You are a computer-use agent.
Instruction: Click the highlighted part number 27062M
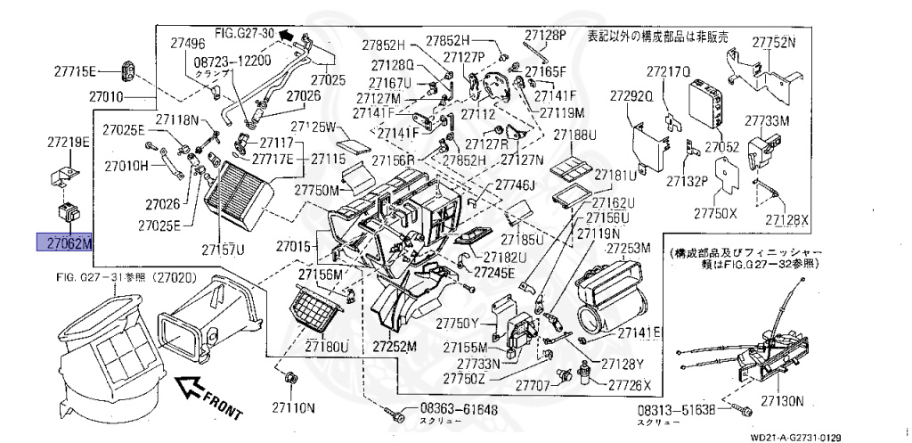(x=64, y=242)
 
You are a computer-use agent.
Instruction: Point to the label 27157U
(x=223, y=248)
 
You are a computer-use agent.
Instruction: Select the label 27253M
(x=630, y=247)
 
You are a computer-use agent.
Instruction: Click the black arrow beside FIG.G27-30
(x=285, y=35)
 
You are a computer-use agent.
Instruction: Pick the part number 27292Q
(x=632, y=94)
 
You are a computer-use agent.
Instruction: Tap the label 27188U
(x=575, y=135)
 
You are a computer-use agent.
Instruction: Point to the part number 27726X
(x=631, y=385)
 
